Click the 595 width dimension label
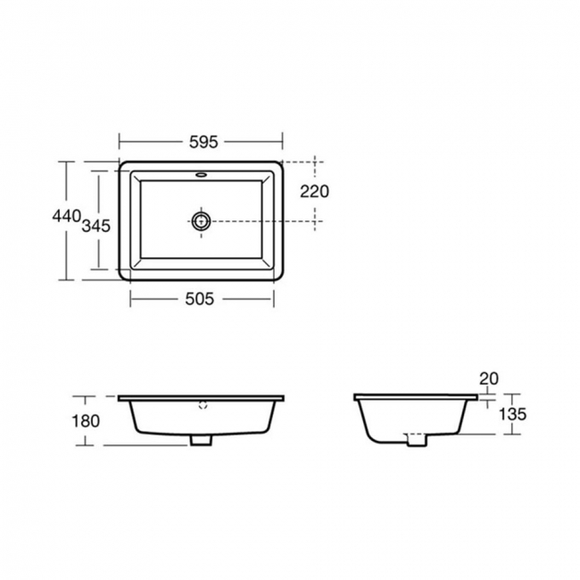coord(201,140)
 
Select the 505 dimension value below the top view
coord(201,300)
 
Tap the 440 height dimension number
coord(66,216)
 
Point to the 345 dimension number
coord(95,225)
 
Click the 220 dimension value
coord(315,191)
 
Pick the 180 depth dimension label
coord(87,420)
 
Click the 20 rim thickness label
coord(488,378)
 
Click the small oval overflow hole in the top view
coord(202,175)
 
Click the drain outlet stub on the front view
coord(202,440)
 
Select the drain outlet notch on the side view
coord(416,439)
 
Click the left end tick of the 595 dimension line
coord(120,140)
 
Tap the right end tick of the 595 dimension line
coord(283,140)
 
